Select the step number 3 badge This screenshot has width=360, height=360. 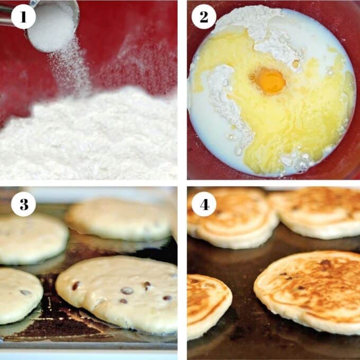point(23,204)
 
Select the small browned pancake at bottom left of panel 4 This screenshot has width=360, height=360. point(208,304)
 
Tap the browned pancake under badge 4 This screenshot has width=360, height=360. point(233,217)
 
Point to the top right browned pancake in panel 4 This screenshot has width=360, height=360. point(318,212)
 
